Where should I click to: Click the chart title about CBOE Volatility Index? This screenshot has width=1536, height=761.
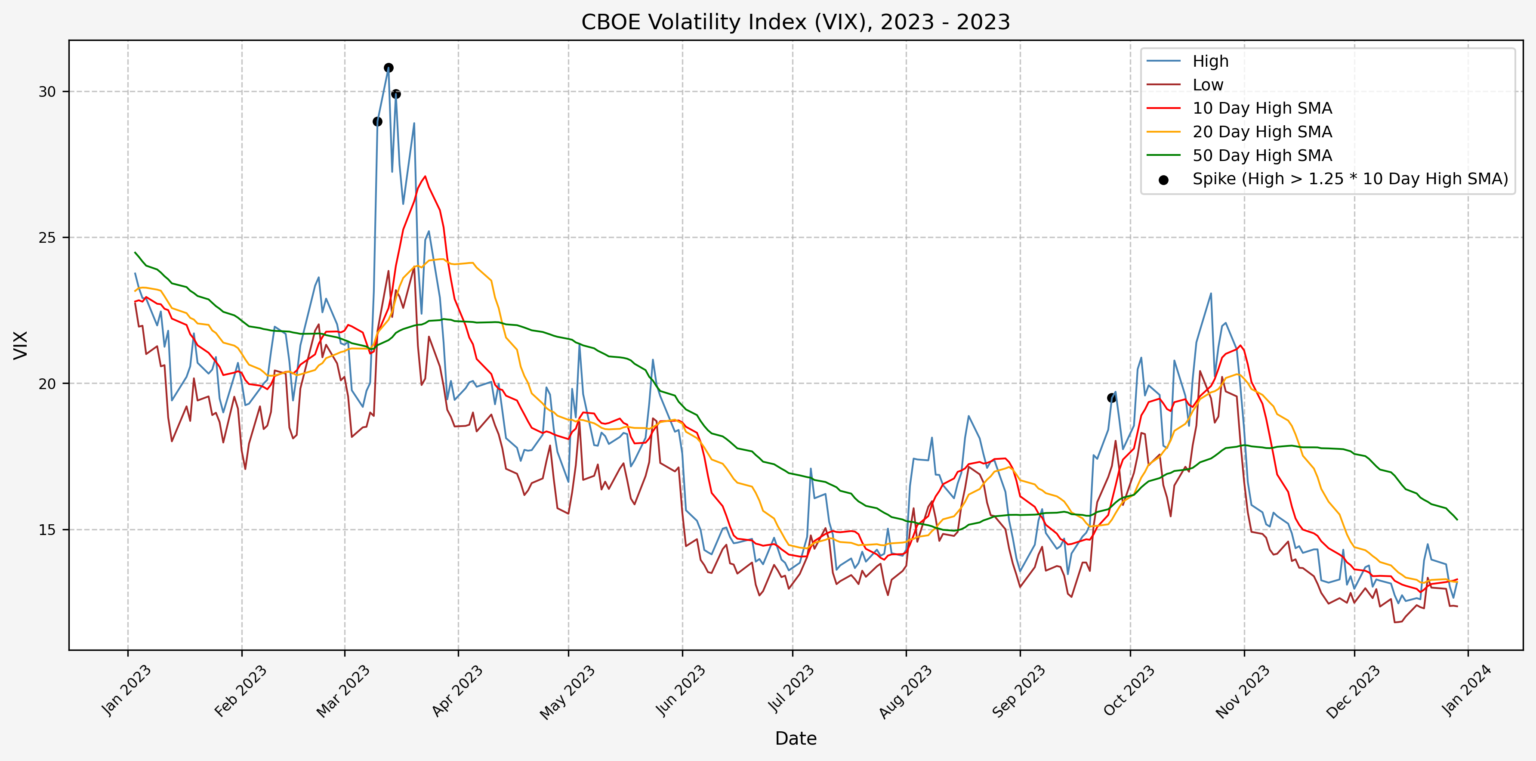point(796,22)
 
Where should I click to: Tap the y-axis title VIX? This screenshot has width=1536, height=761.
point(21,345)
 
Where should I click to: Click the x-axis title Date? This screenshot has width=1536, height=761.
point(796,738)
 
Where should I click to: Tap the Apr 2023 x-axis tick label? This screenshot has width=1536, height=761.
point(457,691)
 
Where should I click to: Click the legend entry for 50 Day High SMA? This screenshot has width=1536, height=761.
point(1261,156)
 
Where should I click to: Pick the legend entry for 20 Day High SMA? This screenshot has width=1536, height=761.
point(1261,132)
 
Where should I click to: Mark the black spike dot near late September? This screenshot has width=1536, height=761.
point(1111,398)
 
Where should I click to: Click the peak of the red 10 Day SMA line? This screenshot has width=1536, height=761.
point(425,176)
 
